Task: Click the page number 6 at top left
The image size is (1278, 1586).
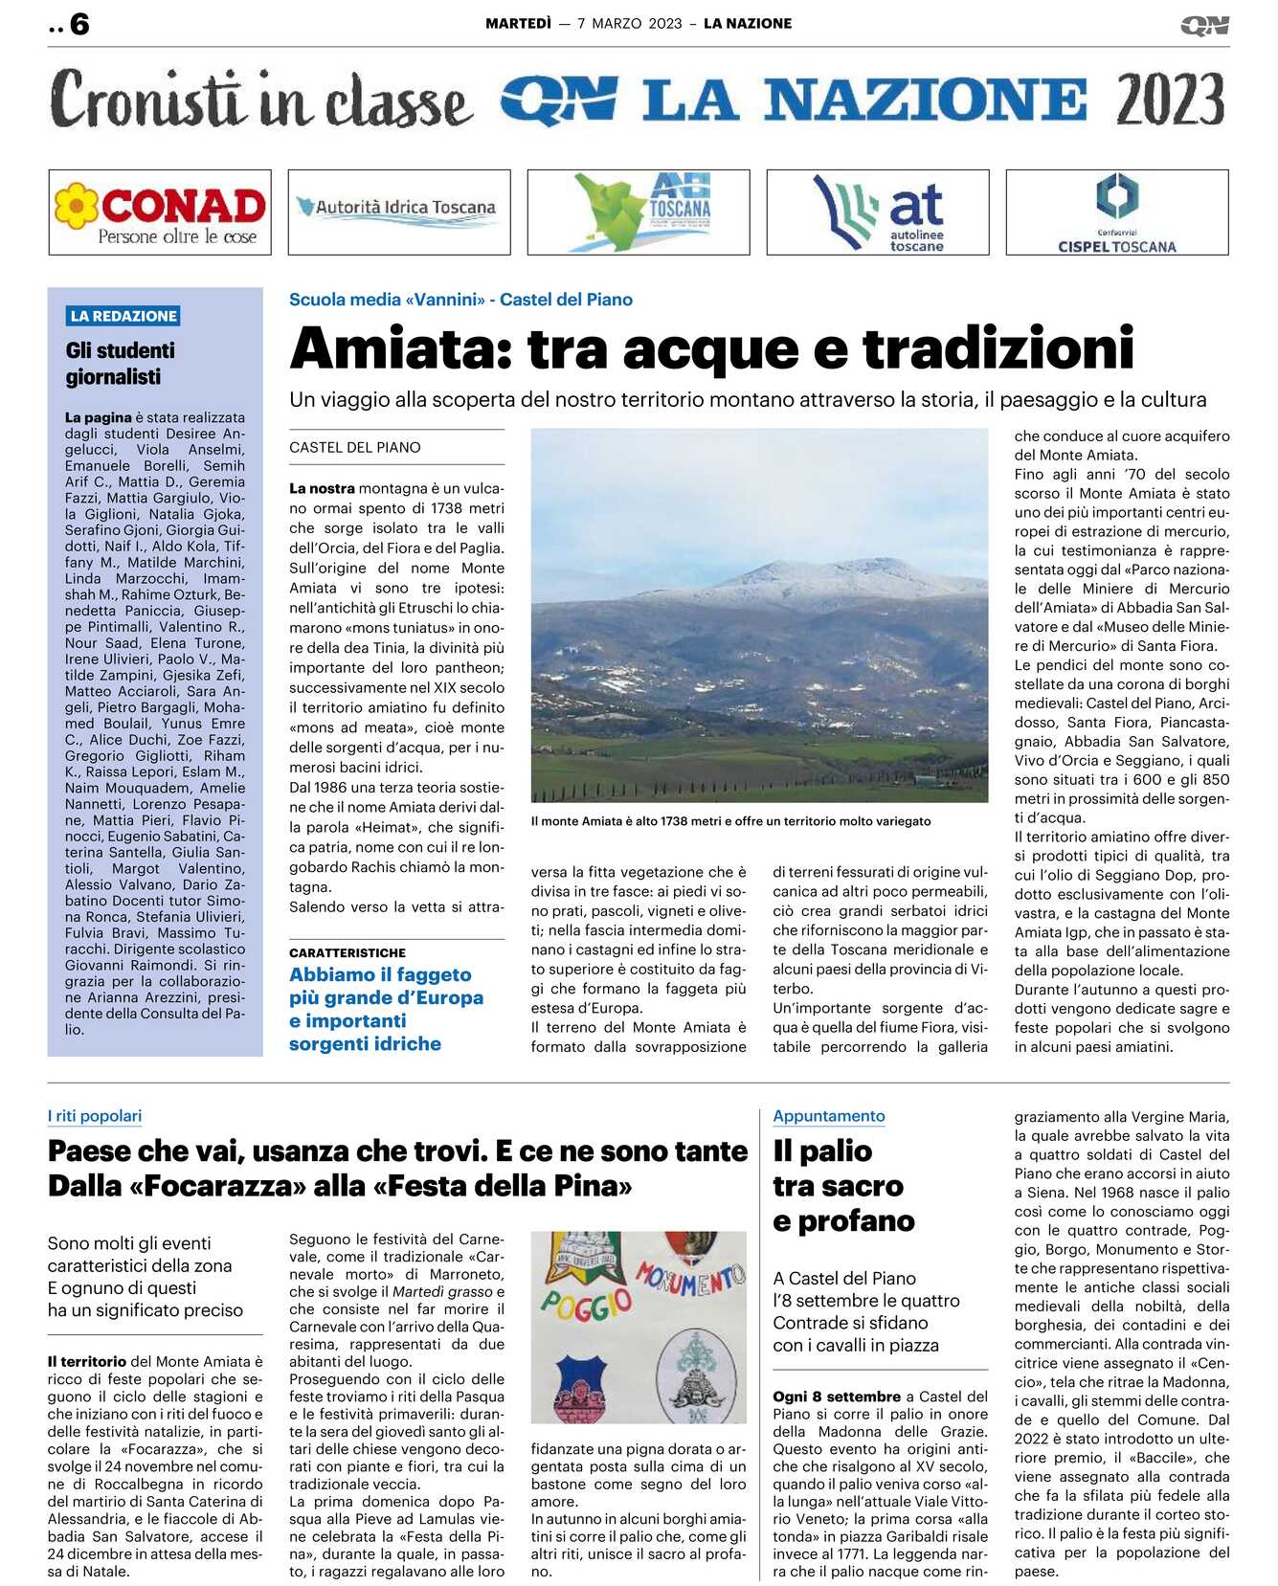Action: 79,24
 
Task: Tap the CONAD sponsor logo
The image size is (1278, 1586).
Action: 160,212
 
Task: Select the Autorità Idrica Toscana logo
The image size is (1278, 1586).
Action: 399,212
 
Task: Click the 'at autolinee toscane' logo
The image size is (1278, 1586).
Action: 878,212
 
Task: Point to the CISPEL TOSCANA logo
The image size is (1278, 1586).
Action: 1116,212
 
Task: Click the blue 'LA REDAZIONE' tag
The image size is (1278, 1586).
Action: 123,316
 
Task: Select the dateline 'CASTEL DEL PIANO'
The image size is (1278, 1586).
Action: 355,447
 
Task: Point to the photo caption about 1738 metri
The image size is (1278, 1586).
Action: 730,821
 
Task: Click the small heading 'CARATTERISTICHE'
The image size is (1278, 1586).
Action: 348,952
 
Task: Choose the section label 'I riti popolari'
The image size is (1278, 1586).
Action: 95,1116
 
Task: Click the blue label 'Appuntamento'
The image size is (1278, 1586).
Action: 829,1116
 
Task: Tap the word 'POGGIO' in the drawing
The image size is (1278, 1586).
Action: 586,1304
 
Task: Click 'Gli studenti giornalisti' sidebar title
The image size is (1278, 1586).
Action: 121,364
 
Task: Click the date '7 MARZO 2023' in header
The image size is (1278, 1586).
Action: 630,24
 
